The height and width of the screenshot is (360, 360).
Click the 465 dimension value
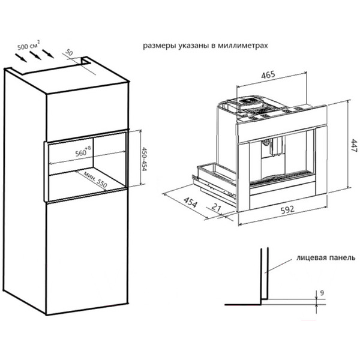coord(268,75)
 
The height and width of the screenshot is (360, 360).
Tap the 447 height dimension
coord(354,146)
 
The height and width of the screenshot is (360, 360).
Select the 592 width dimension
coord(287,210)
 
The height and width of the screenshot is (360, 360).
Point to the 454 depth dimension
coord(190,203)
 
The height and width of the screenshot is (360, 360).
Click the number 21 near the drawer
coord(216,208)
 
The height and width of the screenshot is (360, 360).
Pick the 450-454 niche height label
coord(144,159)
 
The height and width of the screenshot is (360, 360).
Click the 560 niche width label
coord(83,151)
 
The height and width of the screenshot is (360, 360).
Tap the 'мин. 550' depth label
coord(95,179)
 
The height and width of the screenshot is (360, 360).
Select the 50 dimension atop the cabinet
coord(69,53)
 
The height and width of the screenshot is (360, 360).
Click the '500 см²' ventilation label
coord(29,46)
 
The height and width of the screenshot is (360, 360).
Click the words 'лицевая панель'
coord(326,257)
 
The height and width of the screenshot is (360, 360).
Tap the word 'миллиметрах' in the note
coord(242,46)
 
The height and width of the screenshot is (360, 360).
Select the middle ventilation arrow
coord(35,55)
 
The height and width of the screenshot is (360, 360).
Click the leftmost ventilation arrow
coord(21,58)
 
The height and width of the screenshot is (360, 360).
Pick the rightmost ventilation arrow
coord(48,53)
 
